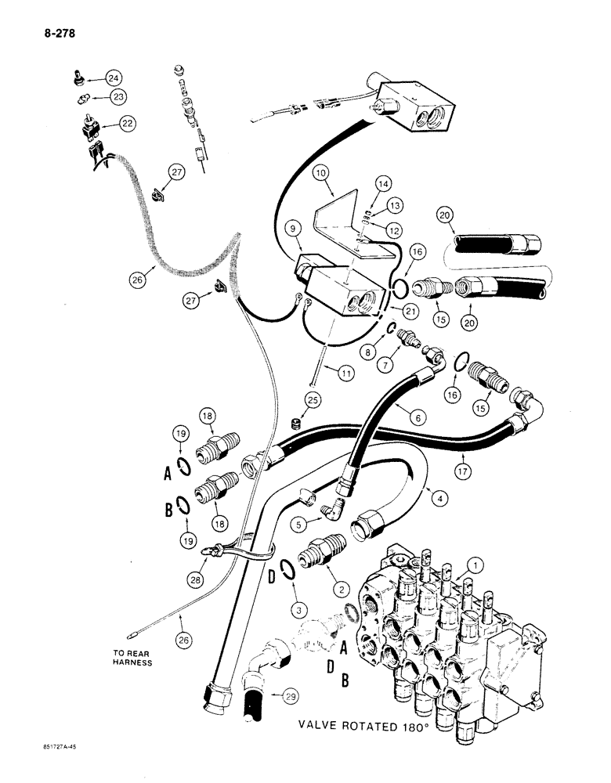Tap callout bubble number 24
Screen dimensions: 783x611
pos(114,78)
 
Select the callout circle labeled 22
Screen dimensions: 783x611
pos(126,123)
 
